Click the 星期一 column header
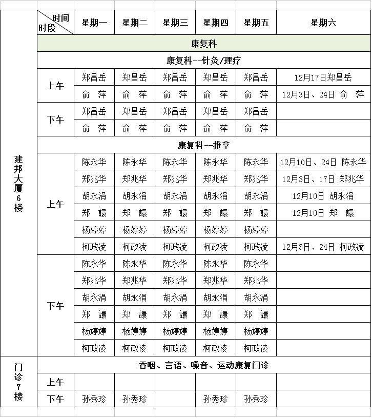[94, 23]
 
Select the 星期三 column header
[175, 23]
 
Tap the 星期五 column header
[256, 23]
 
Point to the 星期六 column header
[323, 23]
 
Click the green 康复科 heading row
[203, 44]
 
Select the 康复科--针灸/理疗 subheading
[203, 61]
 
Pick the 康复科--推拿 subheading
[203, 145]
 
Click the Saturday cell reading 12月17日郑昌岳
[323, 78]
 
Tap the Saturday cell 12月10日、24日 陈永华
[323, 162]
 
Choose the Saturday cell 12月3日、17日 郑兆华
[323, 179]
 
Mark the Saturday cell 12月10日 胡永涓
[323, 196]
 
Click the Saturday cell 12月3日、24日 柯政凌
[323, 247]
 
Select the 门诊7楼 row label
[19, 382]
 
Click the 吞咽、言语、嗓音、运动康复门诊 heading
[203, 365]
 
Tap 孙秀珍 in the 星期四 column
[216, 399]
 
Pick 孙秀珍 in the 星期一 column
[94, 399]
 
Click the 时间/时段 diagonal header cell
[55, 23]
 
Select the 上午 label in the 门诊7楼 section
[55, 382]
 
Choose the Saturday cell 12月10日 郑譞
[323, 213]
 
